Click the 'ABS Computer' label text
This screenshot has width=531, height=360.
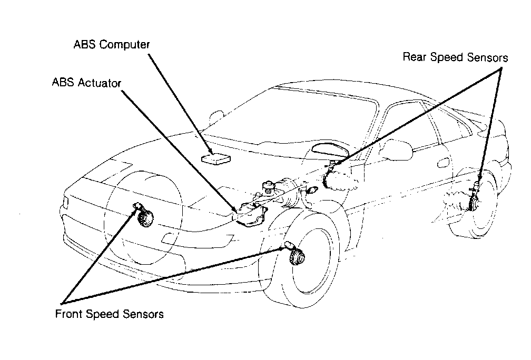[112, 45]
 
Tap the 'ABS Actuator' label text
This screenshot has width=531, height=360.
[86, 83]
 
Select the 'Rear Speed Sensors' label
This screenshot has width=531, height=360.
[455, 57]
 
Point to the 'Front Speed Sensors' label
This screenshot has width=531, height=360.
[109, 314]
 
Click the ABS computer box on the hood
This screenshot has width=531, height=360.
[216, 159]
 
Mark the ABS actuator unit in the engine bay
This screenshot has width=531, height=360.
[251, 214]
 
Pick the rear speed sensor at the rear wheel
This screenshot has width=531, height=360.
[474, 198]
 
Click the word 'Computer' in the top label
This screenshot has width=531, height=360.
[124, 45]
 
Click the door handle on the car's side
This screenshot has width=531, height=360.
[444, 163]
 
